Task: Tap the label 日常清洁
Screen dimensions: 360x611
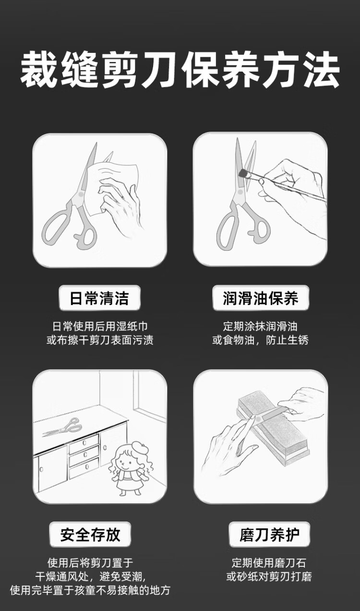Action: [x=99, y=298]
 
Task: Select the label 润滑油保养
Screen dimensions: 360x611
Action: [x=261, y=298]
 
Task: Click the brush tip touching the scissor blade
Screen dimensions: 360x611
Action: [x=243, y=172]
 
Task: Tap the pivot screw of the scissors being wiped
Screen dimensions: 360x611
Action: [x=81, y=194]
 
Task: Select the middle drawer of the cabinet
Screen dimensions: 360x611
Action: [x=84, y=455]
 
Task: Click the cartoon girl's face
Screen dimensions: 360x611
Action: [x=126, y=463]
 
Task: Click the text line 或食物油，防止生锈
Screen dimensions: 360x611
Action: [x=260, y=340]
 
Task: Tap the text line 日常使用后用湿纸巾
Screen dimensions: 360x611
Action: [x=100, y=326]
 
